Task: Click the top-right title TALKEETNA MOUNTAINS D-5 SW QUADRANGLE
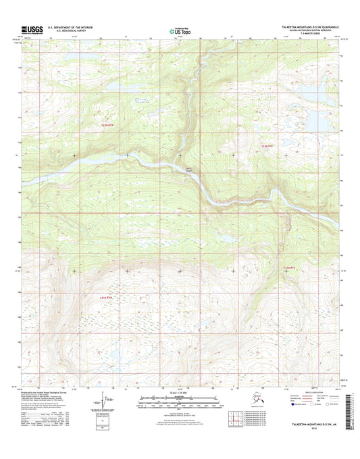pos(308,28)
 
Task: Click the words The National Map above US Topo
pos(178,27)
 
